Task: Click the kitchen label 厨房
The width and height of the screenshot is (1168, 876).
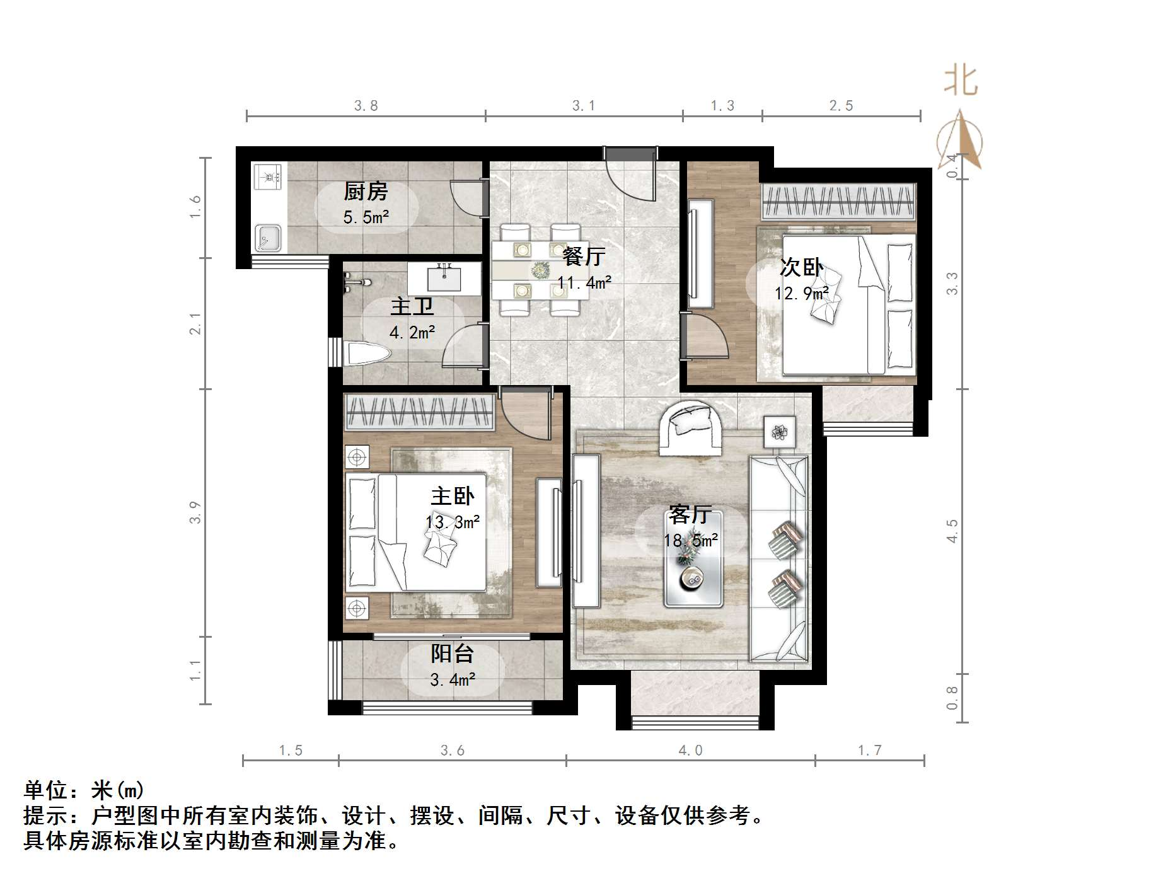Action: (366, 191)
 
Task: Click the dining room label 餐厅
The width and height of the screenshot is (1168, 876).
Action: (584, 256)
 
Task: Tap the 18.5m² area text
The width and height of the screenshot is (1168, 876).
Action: (691, 541)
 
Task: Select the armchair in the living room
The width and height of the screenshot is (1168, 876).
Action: (690, 427)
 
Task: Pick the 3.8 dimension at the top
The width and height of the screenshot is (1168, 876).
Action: (366, 106)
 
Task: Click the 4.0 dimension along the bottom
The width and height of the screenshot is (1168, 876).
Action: (690, 751)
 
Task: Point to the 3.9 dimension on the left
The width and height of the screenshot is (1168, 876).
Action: (195, 512)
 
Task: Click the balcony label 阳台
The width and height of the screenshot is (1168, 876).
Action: (452, 654)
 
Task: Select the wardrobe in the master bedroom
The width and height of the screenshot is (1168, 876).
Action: (419, 413)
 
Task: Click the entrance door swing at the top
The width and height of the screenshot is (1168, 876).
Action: (630, 176)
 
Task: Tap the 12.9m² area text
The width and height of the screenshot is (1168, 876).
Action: (802, 293)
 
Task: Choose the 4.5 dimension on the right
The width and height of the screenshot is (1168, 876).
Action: (952, 531)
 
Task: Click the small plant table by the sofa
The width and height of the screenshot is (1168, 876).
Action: (780, 432)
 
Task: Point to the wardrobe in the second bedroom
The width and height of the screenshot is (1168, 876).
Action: (838, 202)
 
